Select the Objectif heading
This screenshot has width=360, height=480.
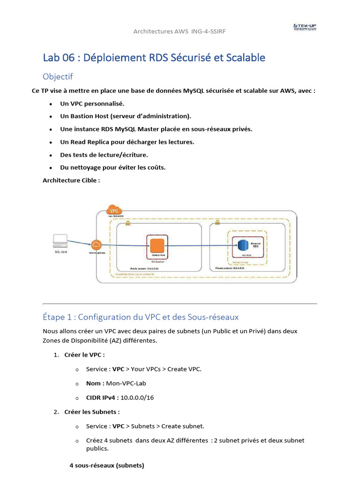tap(58, 76)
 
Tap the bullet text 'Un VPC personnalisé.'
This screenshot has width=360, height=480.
tap(92, 103)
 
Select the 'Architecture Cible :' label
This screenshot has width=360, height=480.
tap(71, 180)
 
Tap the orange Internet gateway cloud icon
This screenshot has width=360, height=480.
tap(97, 245)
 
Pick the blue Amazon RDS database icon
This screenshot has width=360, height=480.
tap(242, 245)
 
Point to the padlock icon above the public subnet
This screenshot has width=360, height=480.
tap(127, 223)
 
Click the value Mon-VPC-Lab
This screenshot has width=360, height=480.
tap(126, 383)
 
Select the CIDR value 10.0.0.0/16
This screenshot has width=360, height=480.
tap(137, 397)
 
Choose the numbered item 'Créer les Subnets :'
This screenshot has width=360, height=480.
tap(92, 412)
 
